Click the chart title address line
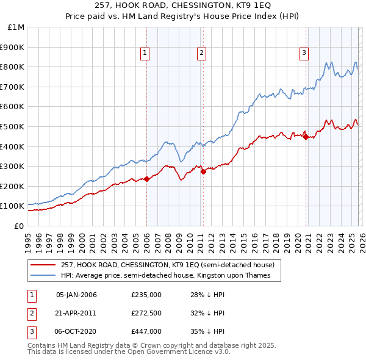183,5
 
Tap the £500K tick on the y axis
12,126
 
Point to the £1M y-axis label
15,27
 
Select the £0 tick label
18,226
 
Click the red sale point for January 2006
146,179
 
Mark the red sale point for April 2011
204,171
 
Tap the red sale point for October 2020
306,137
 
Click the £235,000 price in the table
146,295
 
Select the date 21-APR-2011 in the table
76,313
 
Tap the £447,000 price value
146,331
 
